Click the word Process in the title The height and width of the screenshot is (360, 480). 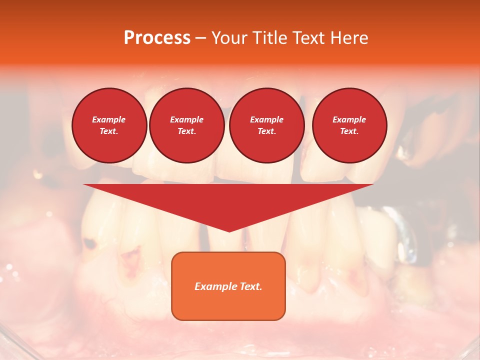click(157, 38)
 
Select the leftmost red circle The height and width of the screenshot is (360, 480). click(109, 125)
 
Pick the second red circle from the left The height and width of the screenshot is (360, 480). click(187, 125)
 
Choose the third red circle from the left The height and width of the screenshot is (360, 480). click(266, 125)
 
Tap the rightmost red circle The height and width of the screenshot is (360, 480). click(349, 125)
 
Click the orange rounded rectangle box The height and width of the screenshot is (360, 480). click(228, 286)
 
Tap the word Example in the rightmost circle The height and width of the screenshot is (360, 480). click(349, 119)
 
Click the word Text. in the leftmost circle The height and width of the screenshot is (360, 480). click(109, 131)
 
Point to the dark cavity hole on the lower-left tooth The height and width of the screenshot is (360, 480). click(90, 244)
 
